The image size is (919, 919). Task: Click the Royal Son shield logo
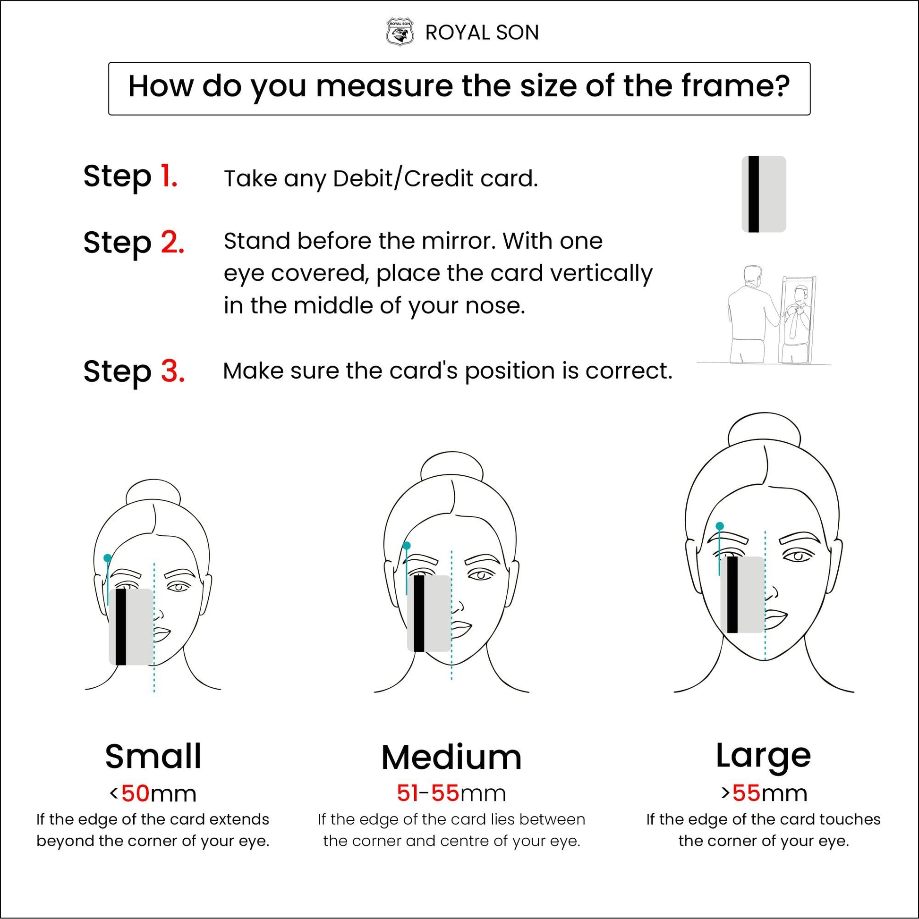point(399,33)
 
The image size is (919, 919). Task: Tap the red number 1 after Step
point(169,176)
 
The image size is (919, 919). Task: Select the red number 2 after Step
point(172,242)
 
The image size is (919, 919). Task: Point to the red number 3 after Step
point(172,371)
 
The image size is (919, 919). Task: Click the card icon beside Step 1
point(764,194)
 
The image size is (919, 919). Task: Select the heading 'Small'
point(153,756)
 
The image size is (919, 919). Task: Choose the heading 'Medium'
point(451,757)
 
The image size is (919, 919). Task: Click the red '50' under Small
point(136,793)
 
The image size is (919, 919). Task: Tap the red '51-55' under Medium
point(428,793)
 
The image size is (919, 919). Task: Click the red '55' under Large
point(746,793)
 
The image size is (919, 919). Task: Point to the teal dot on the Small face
point(108,557)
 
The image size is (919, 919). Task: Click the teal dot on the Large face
point(720,526)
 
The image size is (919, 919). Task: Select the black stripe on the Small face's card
point(121,627)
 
